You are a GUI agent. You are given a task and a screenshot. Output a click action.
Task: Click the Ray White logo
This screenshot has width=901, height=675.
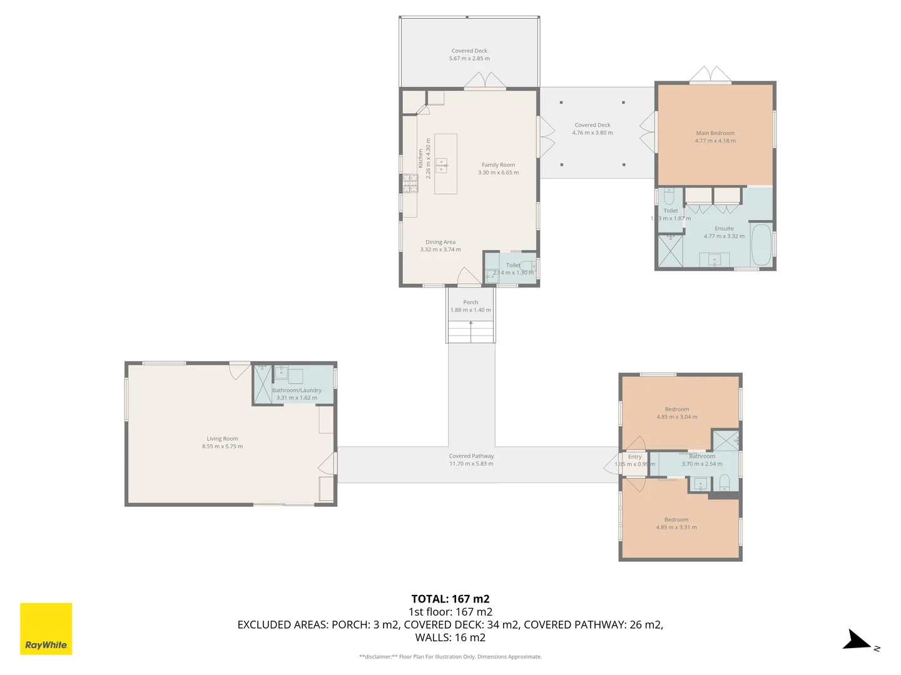[x=46, y=629]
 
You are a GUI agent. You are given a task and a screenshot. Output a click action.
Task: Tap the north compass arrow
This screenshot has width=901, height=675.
[x=856, y=641]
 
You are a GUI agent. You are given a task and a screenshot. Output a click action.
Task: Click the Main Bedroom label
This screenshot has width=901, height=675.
[x=715, y=133]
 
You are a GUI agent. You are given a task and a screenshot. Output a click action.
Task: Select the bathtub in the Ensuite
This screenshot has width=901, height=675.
[x=761, y=244]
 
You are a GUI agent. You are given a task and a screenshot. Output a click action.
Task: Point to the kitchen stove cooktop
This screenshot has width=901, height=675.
[x=410, y=183]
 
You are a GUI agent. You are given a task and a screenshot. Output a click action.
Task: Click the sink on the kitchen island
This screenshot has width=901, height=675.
[x=442, y=166]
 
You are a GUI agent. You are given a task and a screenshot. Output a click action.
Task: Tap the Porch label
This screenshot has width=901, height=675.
[x=471, y=302]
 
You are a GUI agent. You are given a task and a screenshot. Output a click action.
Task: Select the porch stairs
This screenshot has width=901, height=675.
[x=471, y=331]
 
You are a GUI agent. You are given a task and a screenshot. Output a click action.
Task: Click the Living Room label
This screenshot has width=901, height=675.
[x=222, y=439]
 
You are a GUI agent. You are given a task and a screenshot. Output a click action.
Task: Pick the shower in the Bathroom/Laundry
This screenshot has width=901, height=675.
[x=262, y=384]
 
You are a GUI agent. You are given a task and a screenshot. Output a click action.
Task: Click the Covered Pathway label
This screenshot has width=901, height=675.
[x=471, y=456]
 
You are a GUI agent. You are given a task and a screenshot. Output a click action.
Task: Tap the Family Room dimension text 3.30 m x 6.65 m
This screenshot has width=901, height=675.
[x=498, y=172]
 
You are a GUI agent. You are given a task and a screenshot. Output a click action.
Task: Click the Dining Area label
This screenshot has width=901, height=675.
[x=440, y=242]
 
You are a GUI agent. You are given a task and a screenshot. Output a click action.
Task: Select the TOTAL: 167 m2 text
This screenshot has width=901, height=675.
[x=450, y=599]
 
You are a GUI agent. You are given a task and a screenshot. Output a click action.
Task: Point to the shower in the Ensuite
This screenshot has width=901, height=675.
[x=670, y=251]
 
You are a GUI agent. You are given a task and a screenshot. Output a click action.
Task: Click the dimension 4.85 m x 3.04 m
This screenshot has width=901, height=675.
[x=676, y=417]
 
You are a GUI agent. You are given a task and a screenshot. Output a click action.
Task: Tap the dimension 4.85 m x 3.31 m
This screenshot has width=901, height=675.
[x=676, y=527]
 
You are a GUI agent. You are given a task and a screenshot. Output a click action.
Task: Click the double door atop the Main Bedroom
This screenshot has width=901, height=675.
[x=710, y=74]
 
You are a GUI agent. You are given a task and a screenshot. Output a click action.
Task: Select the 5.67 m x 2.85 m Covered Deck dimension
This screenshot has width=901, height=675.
[x=469, y=59]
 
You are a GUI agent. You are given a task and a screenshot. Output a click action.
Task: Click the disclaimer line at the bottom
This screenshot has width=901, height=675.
[x=450, y=657]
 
